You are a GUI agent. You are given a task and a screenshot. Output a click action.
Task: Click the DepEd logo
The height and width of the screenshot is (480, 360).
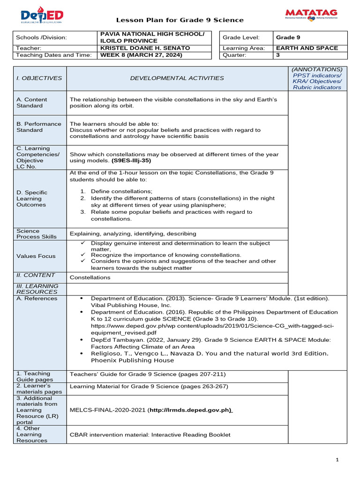[x=42, y=16]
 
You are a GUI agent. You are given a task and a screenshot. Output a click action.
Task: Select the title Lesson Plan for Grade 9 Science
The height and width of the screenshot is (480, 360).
[x=180, y=20]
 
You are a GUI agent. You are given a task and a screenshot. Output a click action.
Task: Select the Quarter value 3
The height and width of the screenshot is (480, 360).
[x=278, y=55]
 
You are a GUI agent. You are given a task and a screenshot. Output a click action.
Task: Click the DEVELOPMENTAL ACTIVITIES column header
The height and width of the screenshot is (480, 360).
[x=177, y=78]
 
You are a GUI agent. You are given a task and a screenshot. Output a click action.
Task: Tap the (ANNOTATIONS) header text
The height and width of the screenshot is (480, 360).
[x=317, y=69]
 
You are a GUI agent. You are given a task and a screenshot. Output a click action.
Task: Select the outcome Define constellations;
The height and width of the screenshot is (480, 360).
[x=121, y=191]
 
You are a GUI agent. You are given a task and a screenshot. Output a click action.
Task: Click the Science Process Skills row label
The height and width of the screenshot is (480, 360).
[x=37, y=234]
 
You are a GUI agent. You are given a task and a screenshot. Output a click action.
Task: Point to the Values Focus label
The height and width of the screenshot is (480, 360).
[x=36, y=256]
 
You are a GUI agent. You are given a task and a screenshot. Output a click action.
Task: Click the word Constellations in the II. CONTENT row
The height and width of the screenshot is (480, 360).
[x=90, y=277]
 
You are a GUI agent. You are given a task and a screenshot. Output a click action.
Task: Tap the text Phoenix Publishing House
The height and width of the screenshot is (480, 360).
[x=132, y=360]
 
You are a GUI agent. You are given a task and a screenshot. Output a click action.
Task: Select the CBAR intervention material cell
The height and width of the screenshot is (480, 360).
[x=150, y=435]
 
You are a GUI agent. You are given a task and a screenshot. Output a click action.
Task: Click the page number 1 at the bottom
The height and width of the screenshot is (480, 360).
[x=337, y=460]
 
